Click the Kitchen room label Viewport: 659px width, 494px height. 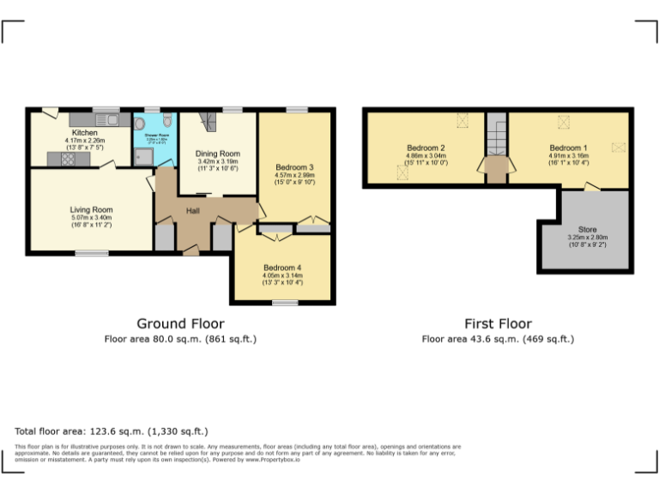pos(83,133)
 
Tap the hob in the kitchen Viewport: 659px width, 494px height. pos(68,159)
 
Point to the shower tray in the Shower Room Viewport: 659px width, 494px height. pos(142,155)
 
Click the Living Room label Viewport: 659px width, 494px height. pos(91,209)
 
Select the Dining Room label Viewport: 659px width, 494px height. pos(218,154)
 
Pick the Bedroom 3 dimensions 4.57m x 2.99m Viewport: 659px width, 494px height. pos(295,175)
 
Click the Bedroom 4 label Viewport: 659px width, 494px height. pos(282,267)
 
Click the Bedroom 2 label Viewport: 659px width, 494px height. pos(425,148)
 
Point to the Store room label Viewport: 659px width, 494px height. pos(587,229)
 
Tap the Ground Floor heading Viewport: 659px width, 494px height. pos(180,323)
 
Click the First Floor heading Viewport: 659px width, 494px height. pos(498,323)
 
